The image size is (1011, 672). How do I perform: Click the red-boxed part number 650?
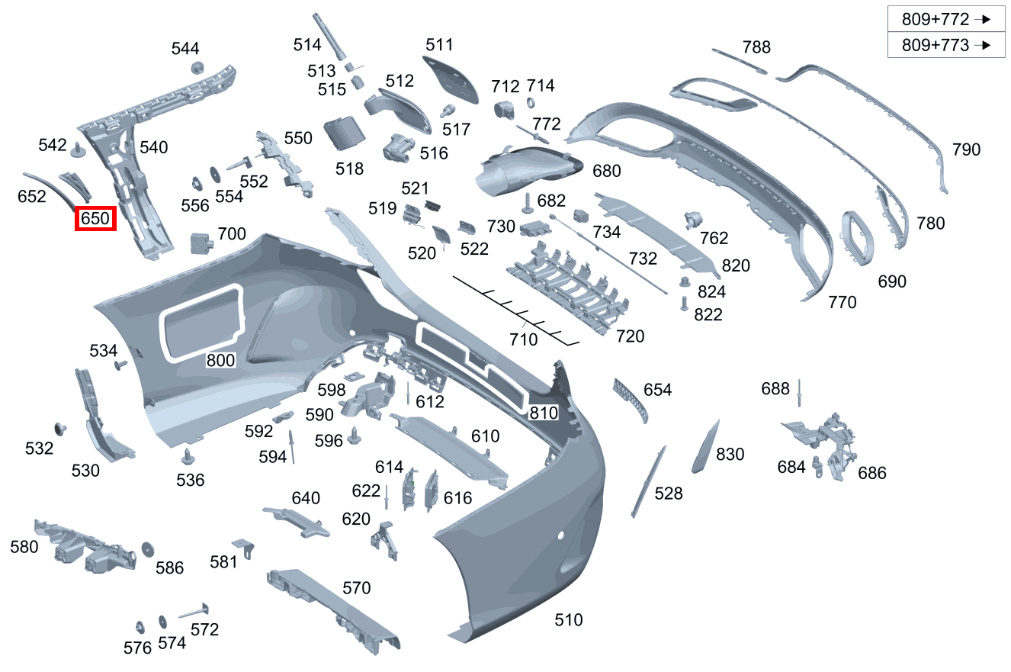pos(95,219)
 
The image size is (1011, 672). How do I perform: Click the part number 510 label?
pos(569,620)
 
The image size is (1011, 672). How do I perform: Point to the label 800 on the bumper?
pos(221,361)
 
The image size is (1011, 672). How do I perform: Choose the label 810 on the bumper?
pos(544,413)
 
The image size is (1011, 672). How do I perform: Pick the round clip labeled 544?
pos(197,67)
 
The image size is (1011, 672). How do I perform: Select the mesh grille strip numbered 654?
pos(630,399)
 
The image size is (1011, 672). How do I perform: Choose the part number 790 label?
pos(966,150)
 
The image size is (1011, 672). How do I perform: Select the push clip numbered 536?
pos(188,458)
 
